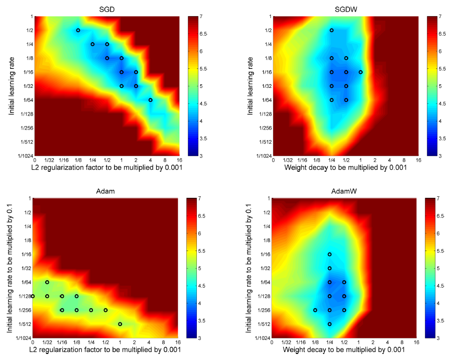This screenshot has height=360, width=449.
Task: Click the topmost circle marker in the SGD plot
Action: pyautogui.click(x=78, y=30)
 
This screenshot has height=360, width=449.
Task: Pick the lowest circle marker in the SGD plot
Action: pyautogui.click(x=151, y=100)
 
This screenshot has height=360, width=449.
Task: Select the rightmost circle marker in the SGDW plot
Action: pyautogui.click(x=361, y=72)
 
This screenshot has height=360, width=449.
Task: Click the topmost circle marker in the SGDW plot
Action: pyautogui.click(x=331, y=30)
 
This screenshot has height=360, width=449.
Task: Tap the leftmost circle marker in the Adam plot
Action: pyautogui.click(x=33, y=296)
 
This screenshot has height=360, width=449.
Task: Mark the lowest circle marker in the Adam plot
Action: pyautogui.click(x=120, y=324)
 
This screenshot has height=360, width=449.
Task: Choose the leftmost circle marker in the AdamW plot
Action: pyautogui.click(x=315, y=310)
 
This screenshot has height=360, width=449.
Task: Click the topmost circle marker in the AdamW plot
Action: pyautogui.click(x=329, y=254)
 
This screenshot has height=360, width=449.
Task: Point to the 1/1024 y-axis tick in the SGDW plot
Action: pyautogui.click(x=262, y=156)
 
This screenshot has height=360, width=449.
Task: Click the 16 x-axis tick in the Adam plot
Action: pyautogui.click(x=178, y=342)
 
